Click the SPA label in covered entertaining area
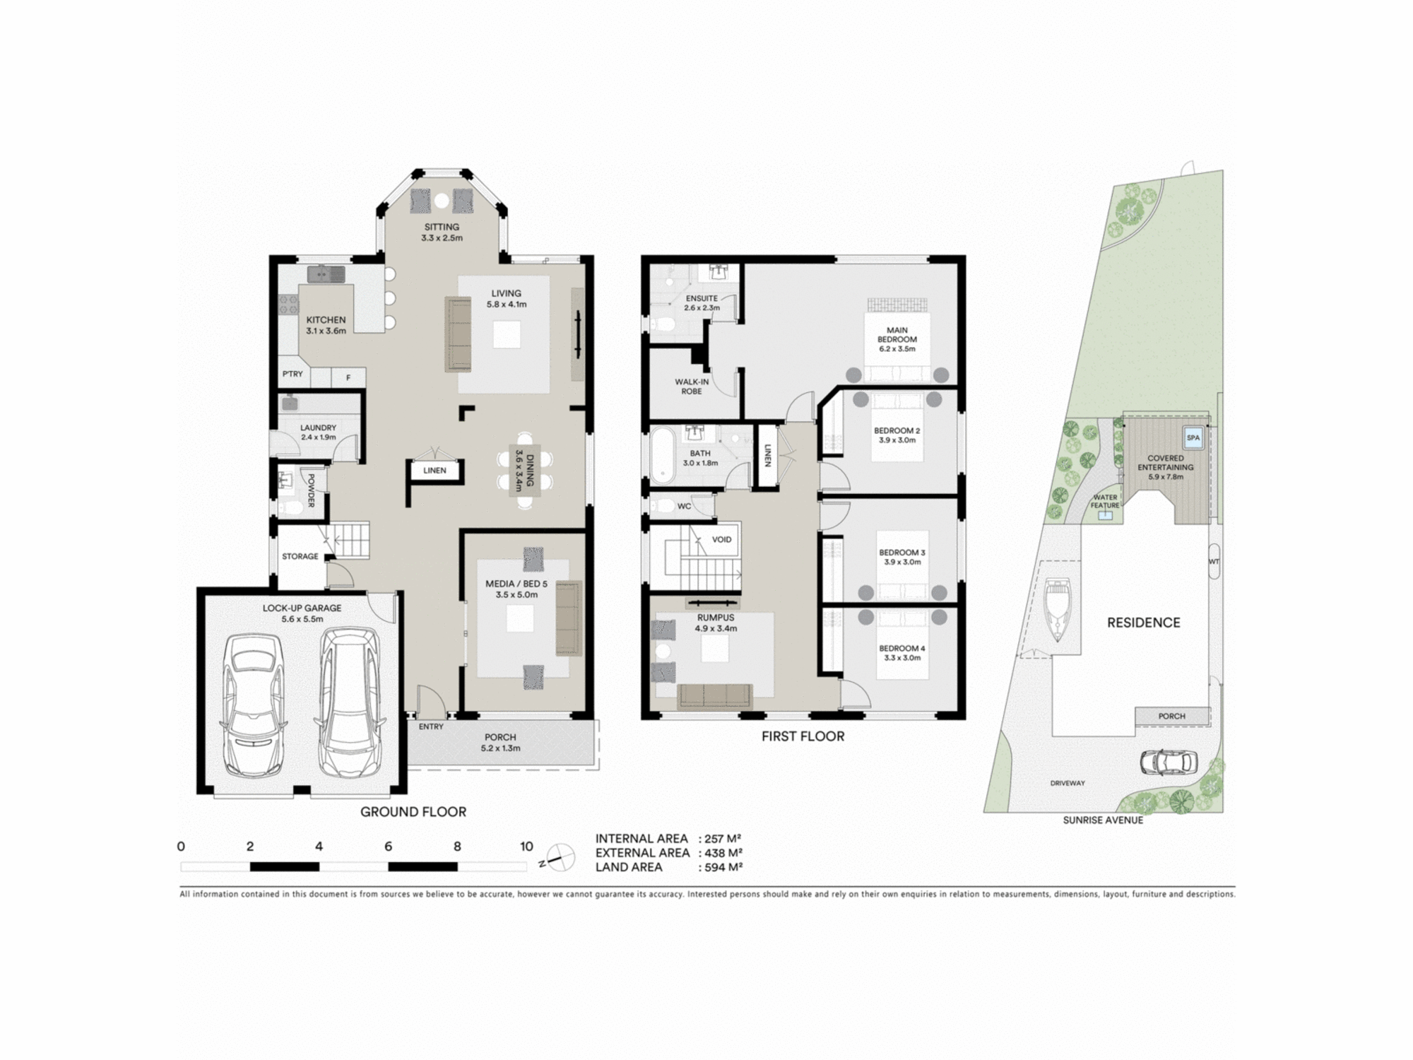[x=1193, y=437]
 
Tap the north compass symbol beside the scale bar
[x=557, y=858]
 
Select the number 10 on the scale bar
[x=526, y=847]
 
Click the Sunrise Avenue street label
[x=1102, y=820]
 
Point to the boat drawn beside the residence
[x=1057, y=609]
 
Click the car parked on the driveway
[x=1169, y=762]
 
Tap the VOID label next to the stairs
[x=721, y=540]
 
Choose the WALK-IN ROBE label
[x=691, y=387]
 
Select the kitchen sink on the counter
[x=326, y=273]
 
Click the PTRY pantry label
[x=292, y=374]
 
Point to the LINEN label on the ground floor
[x=434, y=471]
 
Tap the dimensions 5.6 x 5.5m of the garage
[x=302, y=619]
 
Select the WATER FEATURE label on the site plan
[x=1105, y=501]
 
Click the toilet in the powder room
[x=289, y=507]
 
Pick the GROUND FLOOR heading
[x=413, y=812]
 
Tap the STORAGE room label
[x=300, y=556]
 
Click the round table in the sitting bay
[x=442, y=201]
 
